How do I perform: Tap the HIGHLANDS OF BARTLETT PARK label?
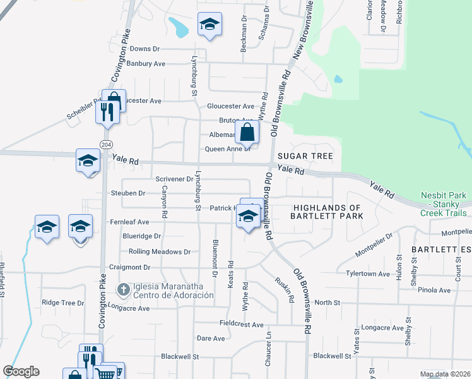pyautogui.click(x=327, y=212)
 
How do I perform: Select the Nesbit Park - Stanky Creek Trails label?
pyautogui.click(x=445, y=204)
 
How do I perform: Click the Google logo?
pyautogui.click(x=21, y=371)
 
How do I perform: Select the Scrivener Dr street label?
pyautogui.click(x=174, y=179)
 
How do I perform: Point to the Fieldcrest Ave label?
pyautogui.click(x=241, y=325)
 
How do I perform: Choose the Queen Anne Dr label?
pyautogui.click(x=228, y=149)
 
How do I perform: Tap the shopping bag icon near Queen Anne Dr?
pyautogui.click(x=247, y=133)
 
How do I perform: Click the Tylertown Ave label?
pyautogui.click(x=368, y=274)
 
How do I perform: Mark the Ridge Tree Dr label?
pyautogui.click(x=63, y=303)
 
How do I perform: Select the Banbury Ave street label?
pyautogui.click(x=146, y=64)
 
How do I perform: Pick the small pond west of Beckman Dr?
pyautogui.click(x=179, y=27)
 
